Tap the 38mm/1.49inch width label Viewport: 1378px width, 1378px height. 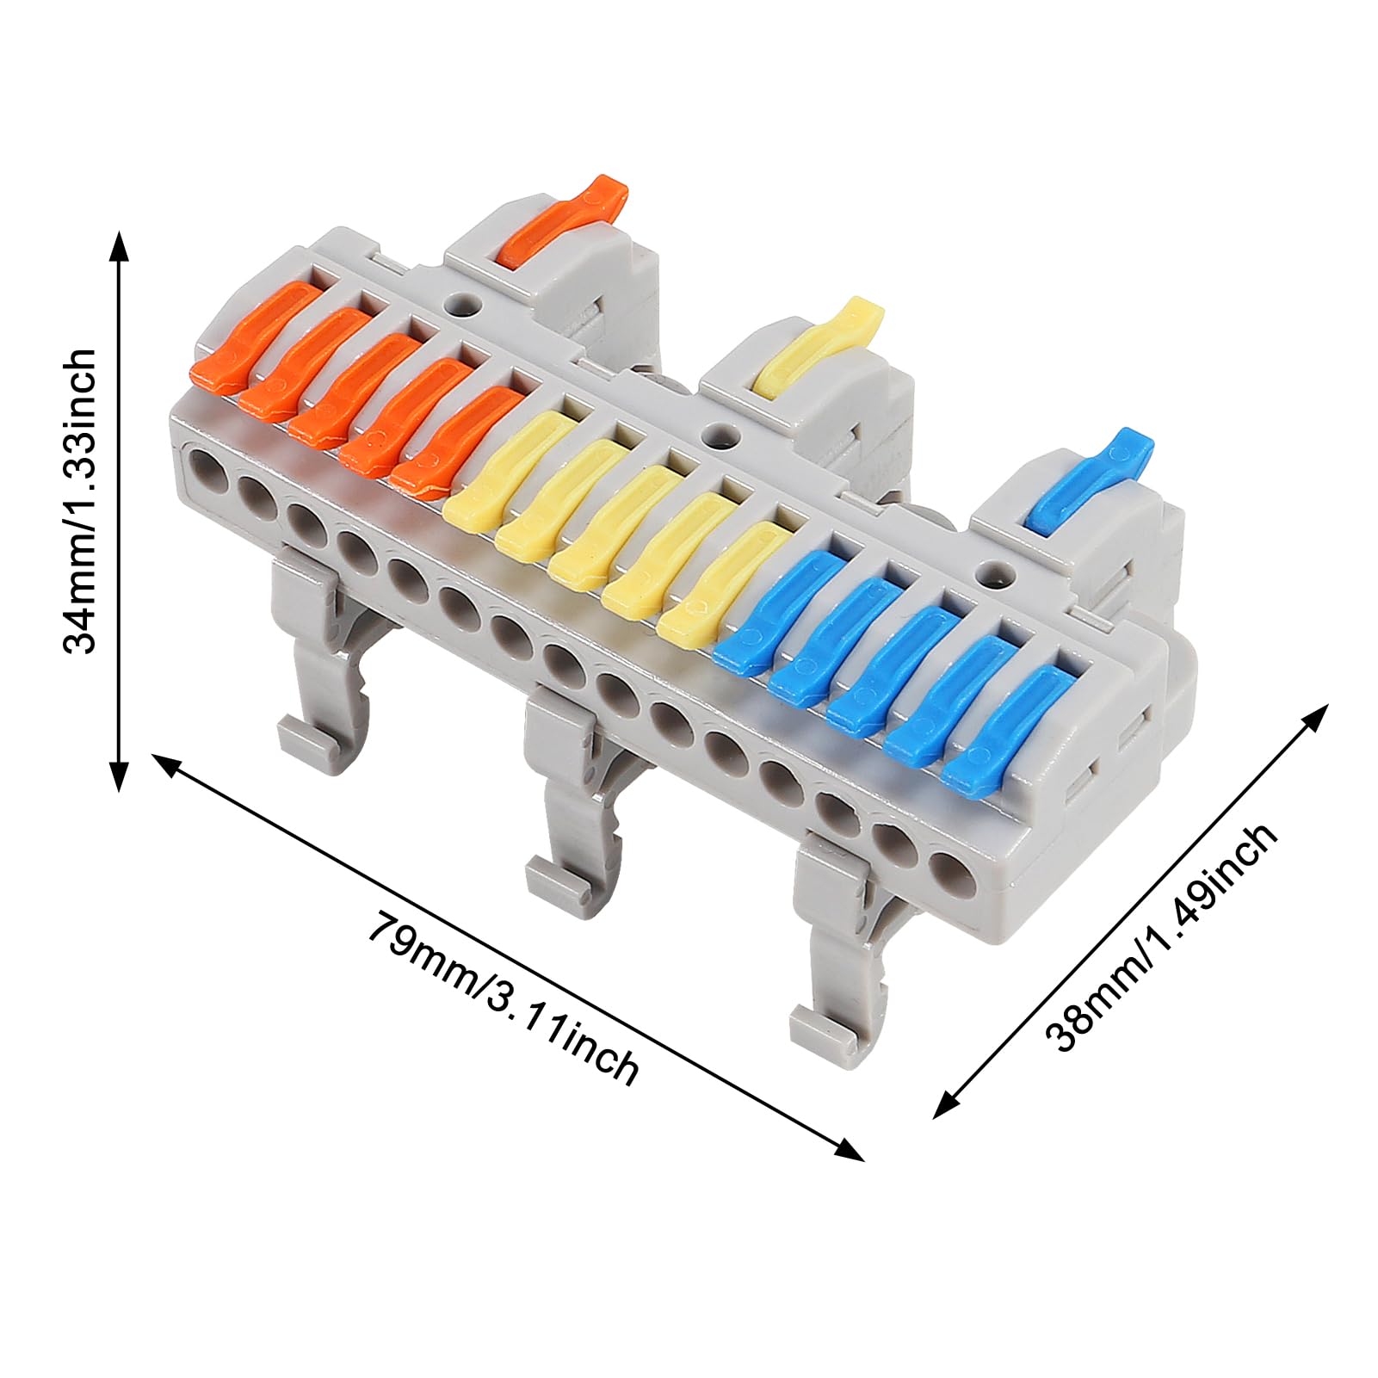point(1161,938)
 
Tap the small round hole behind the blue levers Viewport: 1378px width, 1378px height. point(996,571)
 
